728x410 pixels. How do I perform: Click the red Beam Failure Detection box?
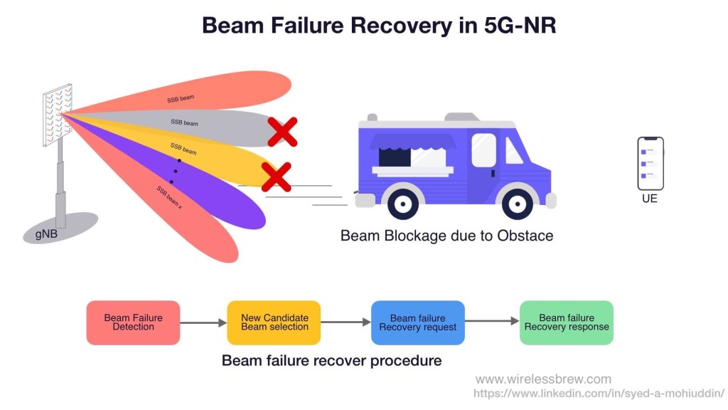click(x=133, y=322)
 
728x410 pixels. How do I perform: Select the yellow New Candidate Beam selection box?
click(x=274, y=322)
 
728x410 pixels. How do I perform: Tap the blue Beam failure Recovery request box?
click(x=417, y=322)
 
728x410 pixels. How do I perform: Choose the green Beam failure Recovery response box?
click(x=566, y=322)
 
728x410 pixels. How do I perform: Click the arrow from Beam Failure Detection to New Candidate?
click(x=203, y=323)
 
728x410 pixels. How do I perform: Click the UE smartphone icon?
click(x=650, y=163)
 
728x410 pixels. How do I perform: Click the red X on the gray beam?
click(x=282, y=132)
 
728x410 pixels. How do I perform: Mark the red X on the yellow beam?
click(x=276, y=177)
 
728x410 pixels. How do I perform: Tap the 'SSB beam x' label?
click(x=169, y=196)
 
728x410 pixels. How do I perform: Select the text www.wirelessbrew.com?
click(x=543, y=379)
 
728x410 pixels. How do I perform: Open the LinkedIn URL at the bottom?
click(x=599, y=393)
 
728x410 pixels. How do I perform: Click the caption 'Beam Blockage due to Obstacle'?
click(x=446, y=235)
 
